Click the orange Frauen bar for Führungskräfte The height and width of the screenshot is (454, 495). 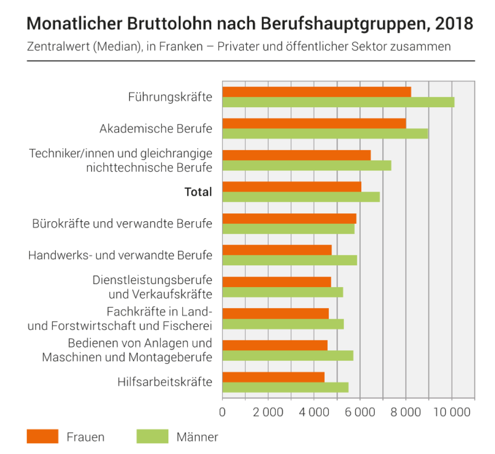pos(316,92)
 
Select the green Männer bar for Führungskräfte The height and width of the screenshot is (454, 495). pos(338,102)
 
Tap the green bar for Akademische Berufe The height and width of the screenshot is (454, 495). pos(325,134)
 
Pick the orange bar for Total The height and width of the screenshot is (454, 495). pos(292,187)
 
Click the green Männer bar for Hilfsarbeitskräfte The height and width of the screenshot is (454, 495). pos(285,387)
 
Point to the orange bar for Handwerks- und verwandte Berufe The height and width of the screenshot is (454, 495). pos(277,250)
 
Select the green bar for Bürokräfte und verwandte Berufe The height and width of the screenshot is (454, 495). pos(288,229)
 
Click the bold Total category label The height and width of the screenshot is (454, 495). pos(198,192)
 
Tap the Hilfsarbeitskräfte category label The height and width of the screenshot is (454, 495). pos(165,382)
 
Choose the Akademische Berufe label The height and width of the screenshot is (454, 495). pos(155,129)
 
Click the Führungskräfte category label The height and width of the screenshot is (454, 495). pos(170,97)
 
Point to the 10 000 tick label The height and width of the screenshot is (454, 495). pos(452,413)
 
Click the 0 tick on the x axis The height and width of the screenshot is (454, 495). pos(223,413)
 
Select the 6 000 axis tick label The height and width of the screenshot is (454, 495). pos(360,413)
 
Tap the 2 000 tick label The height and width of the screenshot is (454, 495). pos(268,413)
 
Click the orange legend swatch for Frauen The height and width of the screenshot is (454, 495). pos(43,436)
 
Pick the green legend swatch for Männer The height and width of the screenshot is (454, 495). pos(152,436)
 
